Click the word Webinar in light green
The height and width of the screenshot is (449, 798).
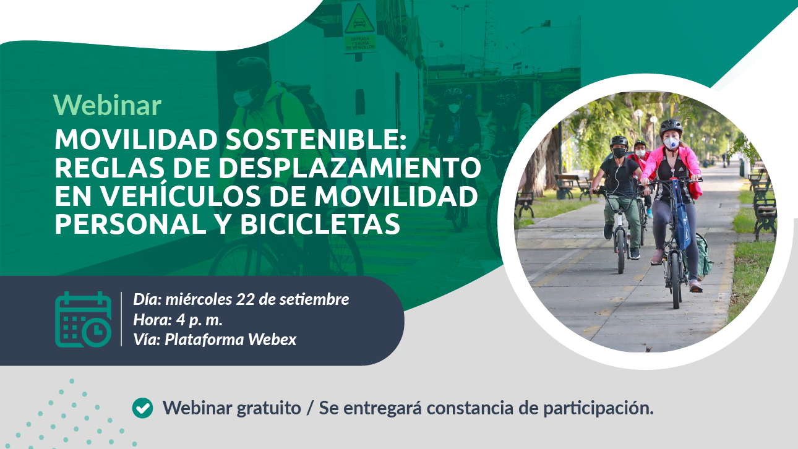(x=107, y=105)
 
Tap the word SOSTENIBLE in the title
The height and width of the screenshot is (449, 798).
(x=315, y=139)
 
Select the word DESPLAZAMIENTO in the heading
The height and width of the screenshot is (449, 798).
(x=350, y=168)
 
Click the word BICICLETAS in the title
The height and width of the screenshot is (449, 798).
(x=320, y=224)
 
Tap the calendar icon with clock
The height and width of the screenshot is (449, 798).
(x=84, y=319)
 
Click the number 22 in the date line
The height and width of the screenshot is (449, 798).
(x=245, y=299)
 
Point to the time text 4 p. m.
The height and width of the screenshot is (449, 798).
(x=199, y=320)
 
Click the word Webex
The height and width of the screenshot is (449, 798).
(x=272, y=340)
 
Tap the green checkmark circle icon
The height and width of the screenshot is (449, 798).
(x=142, y=408)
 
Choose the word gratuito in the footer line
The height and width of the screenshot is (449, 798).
(x=268, y=408)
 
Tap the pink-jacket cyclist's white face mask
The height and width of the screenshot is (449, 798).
(x=671, y=143)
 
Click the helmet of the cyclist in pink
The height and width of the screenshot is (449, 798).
(x=671, y=126)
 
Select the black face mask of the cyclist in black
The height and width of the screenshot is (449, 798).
(x=619, y=153)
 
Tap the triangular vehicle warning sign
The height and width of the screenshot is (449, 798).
(x=359, y=20)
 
